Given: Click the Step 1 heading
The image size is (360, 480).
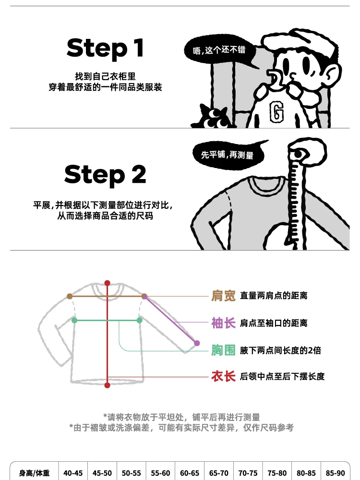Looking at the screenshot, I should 105,48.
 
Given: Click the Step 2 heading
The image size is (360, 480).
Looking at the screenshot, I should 105,174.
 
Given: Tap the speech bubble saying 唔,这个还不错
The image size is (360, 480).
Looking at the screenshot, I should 219,50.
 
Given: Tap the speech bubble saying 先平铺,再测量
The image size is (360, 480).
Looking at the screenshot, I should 227,154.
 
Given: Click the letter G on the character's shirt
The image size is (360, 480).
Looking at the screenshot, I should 276,112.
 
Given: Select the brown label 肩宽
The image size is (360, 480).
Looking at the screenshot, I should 224,296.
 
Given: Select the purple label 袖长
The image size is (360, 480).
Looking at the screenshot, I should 224,323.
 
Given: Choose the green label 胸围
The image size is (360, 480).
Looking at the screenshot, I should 224,350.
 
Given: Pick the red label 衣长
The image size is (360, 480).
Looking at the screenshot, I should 224,376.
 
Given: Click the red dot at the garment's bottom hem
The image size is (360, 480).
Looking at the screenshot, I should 108,385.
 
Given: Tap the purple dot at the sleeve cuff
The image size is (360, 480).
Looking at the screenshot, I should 196,343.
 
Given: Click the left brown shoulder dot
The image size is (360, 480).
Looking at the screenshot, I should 70,297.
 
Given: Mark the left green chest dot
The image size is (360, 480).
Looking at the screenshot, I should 74,320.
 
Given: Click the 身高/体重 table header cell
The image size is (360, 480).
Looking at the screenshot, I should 34,473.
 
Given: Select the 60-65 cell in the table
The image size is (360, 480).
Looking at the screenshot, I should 189,473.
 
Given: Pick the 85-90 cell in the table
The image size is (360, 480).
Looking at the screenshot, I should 335,473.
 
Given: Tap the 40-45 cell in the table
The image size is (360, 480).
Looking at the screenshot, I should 73,473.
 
